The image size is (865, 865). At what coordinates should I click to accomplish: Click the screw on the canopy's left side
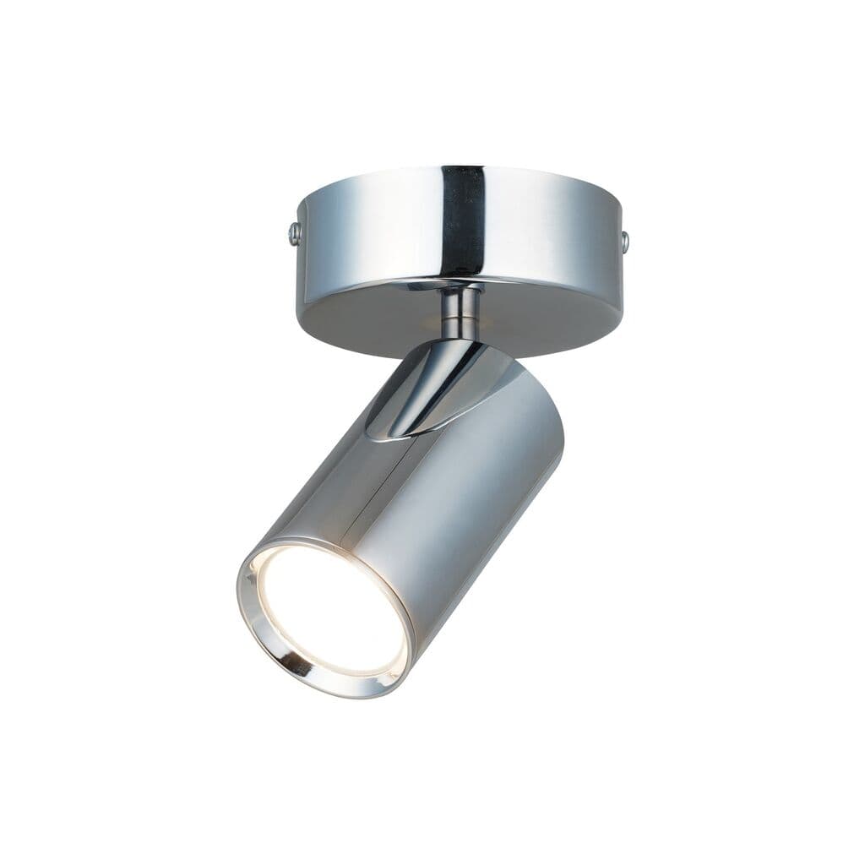[x=294, y=233]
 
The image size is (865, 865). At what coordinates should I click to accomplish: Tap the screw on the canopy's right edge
[x=625, y=243]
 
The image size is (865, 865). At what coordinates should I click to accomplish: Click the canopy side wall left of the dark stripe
[x=372, y=224]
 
